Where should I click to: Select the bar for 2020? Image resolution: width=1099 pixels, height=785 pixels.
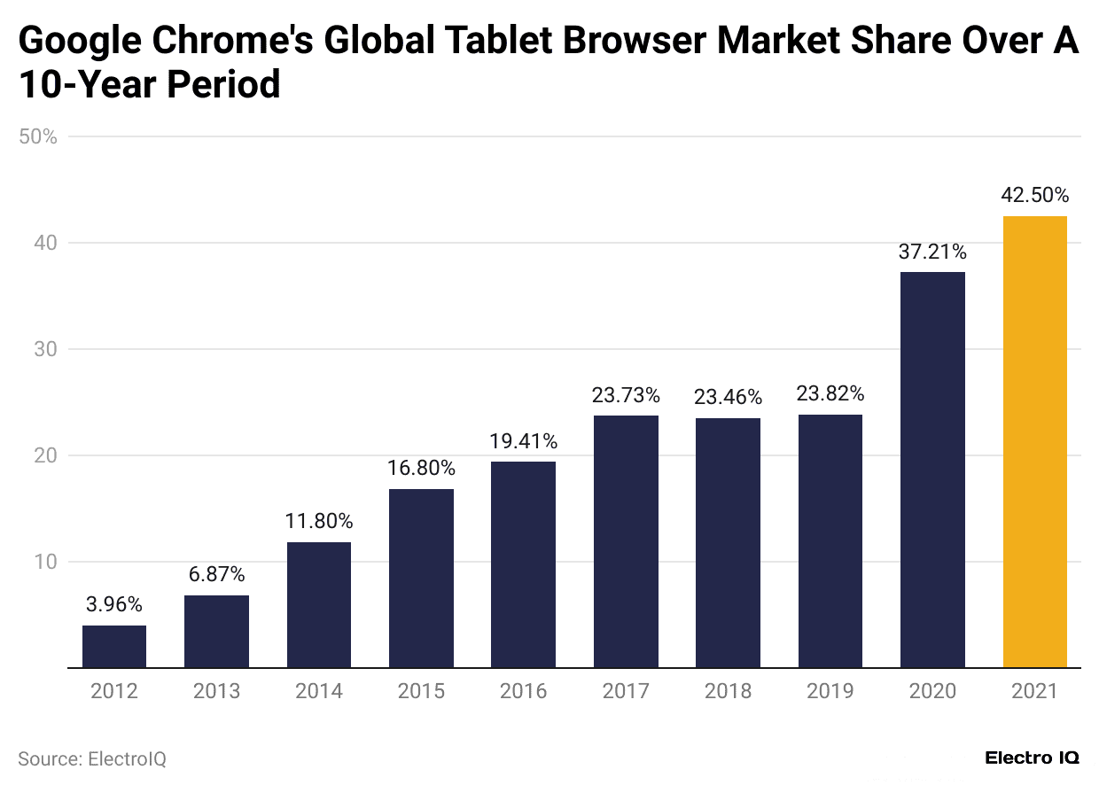932,470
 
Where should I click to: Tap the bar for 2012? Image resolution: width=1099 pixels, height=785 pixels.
114,647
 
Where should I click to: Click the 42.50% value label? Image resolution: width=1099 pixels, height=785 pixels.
1034,196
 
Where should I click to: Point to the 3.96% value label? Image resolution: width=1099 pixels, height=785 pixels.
114,605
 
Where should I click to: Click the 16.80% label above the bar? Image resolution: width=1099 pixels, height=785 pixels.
421,468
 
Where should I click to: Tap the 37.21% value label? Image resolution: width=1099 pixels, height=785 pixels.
932,253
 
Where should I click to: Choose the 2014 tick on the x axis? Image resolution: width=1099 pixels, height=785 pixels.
319,691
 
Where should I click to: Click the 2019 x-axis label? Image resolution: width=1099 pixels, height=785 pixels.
830,691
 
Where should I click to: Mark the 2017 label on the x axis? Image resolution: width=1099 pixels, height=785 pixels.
626,691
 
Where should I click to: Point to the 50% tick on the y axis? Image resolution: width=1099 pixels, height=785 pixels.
37,137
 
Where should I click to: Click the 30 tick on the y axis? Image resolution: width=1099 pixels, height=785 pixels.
44,349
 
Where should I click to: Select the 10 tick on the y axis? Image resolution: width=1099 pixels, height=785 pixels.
44,562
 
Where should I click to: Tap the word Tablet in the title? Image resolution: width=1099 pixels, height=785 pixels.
496,42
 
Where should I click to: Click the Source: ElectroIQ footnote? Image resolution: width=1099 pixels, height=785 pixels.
92,759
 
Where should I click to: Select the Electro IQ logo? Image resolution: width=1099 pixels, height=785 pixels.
1032,758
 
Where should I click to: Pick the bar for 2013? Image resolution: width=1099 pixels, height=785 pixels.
216,632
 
